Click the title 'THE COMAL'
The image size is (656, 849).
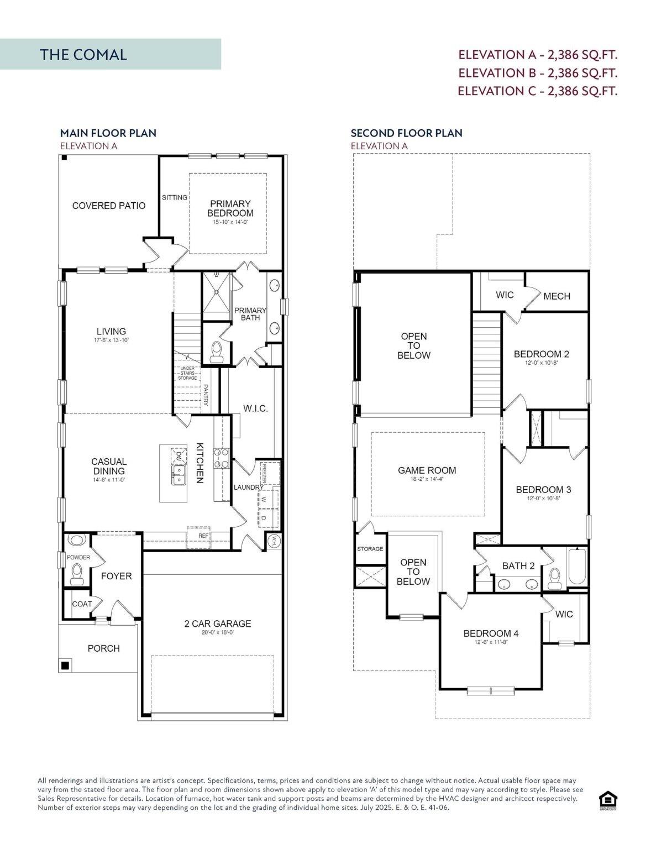pyautogui.click(x=83, y=54)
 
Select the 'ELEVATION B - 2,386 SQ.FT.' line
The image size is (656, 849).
pyautogui.click(x=537, y=72)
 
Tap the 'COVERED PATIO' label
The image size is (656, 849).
pyautogui.click(x=109, y=206)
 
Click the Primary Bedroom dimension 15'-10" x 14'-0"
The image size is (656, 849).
pyautogui.click(x=230, y=222)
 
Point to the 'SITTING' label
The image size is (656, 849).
pyautogui.click(x=174, y=197)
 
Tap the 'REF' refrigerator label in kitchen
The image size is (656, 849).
pyautogui.click(x=204, y=536)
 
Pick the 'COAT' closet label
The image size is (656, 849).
pyautogui.click(x=82, y=604)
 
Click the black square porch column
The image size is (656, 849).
pyautogui.click(x=65, y=665)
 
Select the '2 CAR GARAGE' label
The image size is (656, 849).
pyautogui.click(x=217, y=623)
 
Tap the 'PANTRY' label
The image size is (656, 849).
pyautogui.click(x=206, y=395)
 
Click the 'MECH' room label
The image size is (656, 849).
pyautogui.click(x=557, y=296)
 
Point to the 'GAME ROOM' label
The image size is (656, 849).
pyautogui.click(x=427, y=470)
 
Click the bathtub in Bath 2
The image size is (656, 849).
pyautogui.click(x=576, y=566)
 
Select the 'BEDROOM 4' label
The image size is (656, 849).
pyautogui.click(x=491, y=633)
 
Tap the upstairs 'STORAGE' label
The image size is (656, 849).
pyautogui.click(x=370, y=549)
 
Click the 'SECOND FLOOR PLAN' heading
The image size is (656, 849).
pyautogui.click(x=406, y=133)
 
